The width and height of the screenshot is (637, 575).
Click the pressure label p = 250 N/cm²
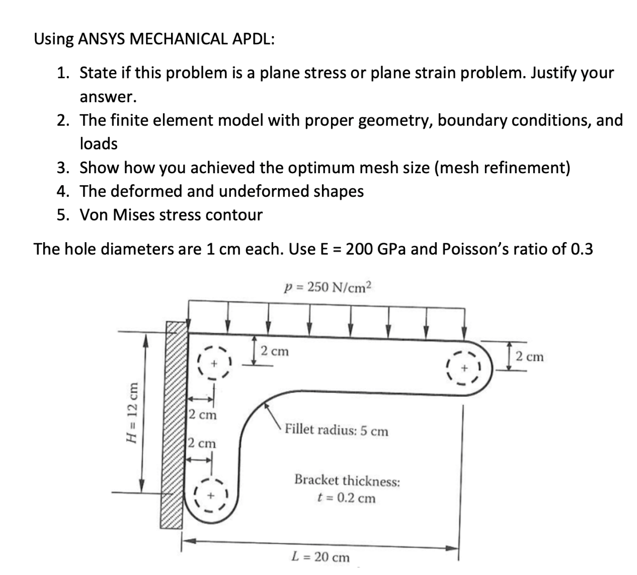pyautogui.click(x=327, y=287)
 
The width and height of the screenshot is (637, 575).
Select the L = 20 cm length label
pyautogui.click(x=321, y=557)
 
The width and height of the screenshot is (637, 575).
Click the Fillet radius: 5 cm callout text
pyautogui.click(x=336, y=431)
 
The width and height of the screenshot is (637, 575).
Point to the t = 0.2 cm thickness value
pyautogui.click(x=346, y=498)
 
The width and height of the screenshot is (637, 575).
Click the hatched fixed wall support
pyautogui.click(x=173, y=425)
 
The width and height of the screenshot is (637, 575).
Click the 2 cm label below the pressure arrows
pyautogui.click(x=275, y=351)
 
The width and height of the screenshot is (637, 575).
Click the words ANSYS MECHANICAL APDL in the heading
pyautogui.click(x=176, y=39)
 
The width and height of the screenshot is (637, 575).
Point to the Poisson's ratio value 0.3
pyautogui.click(x=582, y=249)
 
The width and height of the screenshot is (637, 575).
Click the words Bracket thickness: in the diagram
pyautogui.click(x=347, y=480)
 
